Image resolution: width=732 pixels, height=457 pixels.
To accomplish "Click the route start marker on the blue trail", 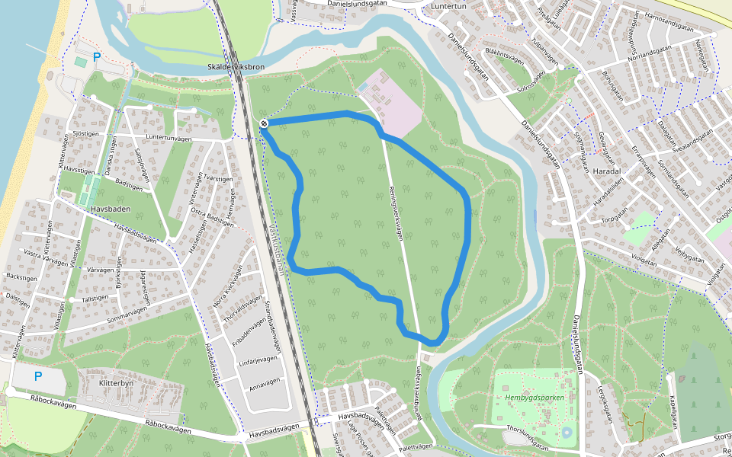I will click(x=263, y=123).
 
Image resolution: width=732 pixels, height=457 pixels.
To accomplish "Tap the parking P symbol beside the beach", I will click(x=97, y=56).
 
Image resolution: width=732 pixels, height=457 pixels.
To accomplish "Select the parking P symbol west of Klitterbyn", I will click(x=39, y=376).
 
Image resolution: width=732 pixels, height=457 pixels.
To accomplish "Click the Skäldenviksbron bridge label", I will click(x=236, y=67).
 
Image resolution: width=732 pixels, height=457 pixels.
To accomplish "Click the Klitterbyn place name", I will click(x=116, y=385).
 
